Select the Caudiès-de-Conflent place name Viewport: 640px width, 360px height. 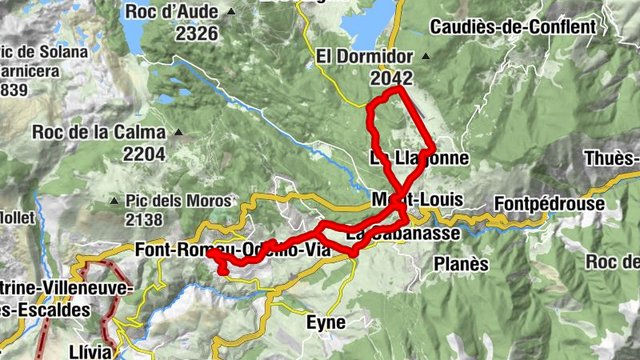pyautogui.click(x=513, y=27)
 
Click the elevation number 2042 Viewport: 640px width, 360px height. pyautogui.click(x=391, y=78)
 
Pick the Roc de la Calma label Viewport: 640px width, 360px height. pyautogui.click(x=99, y=133)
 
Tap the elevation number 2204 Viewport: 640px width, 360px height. pyautogui.click(x=144, y=154)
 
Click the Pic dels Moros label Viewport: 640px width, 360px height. pyautogui.click(x=178, y=201)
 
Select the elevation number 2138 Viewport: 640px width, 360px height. pyautogui.click(x=144, y=220)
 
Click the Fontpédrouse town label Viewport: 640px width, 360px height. pyautogui.click(x=549, y=204)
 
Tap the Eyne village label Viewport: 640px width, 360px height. pyautogui.click(x=326, y=323)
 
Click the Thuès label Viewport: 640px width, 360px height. pyautogui.click(x=613, y=158)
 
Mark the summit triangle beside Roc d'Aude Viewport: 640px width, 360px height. pyautogui.click(x=231, y=12)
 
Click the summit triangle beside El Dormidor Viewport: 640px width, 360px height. pyautogui.click(x=426, y=56)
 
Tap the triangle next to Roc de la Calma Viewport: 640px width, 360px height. pyautogui.click(x=178, y=133)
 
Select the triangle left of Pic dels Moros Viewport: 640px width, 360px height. pyautogui.click(x=117, y=201)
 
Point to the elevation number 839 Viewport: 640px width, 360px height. pyautogui.click(x=14, y=90)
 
